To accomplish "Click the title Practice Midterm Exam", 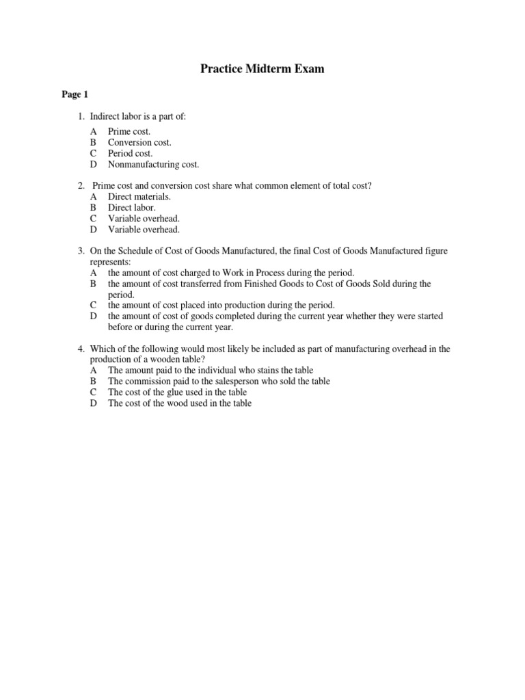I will (262, 69).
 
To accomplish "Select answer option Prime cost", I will (129, 131).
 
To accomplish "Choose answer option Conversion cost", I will (139, 142).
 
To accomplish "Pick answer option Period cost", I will (130, 153).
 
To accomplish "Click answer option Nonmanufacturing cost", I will (153, 164).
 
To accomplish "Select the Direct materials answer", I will (139, 196).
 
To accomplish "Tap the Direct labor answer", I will (132, 207).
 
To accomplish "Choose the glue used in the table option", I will (177, 392).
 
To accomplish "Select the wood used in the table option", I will (180, 403).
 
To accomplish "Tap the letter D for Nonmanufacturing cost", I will (94, 164).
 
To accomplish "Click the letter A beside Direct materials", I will (94, 196).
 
